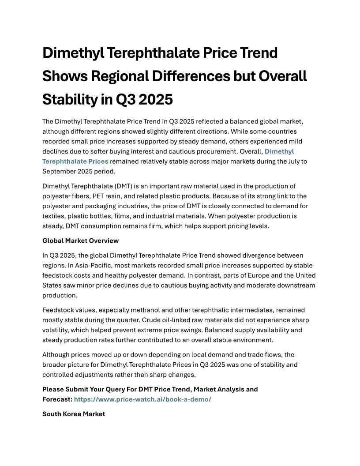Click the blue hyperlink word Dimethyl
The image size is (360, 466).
279,151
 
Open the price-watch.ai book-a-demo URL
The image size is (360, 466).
142,399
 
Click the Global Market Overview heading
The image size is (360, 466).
80,241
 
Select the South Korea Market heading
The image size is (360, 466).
74,414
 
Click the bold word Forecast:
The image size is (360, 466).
57,399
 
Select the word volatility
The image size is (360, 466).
57,330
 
